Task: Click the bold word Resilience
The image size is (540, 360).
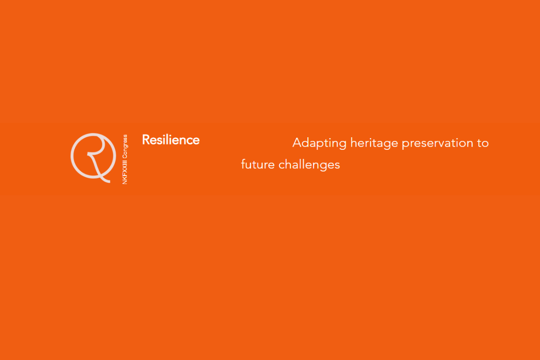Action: coord(171,140)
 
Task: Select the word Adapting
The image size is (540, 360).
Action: coord(319,144)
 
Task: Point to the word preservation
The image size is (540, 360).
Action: coord(437,144)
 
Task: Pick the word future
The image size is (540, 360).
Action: coord(258,165)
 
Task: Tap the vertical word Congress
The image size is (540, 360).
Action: coord(125,146)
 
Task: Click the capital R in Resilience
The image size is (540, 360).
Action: coord(146,140)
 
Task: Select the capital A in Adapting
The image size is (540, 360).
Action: coord(297,143)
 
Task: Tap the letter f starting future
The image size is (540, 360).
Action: coord(243,164)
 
